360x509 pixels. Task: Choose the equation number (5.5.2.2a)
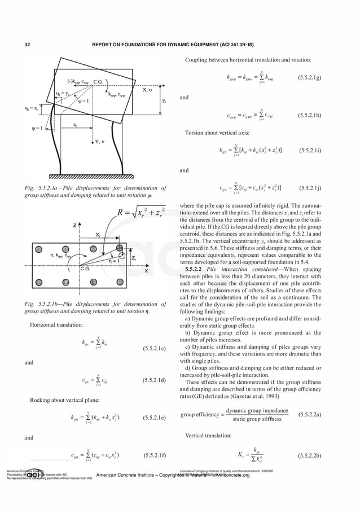pos(310,415)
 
